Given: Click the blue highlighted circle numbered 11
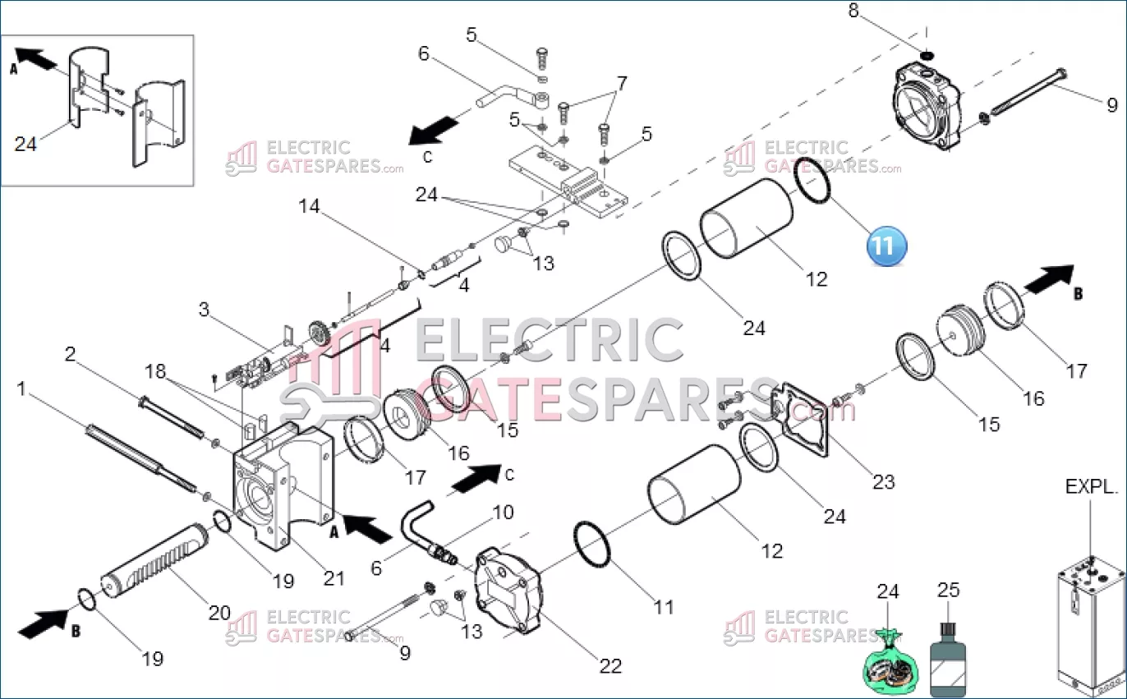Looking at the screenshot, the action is (x=886, y=246).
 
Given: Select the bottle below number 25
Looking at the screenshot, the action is (x=948, y=660).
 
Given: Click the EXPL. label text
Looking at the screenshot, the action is (x=1092, y=486).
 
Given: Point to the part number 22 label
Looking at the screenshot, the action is (x=611, y=666).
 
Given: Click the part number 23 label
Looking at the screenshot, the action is (x=884, y=482).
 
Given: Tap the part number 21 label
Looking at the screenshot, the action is (x=333, y=579).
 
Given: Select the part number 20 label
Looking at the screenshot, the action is (x=219, y=613).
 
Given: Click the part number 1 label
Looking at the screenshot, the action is (x=21, y=389).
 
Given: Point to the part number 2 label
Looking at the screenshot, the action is (x=71, y=354).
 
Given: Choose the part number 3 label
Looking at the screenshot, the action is (x=203, y=310).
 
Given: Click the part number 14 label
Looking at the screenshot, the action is (x=309, y=206).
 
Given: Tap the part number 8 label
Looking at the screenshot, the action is (x=853, y=10).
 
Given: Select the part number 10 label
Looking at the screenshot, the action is (x=503, y=513).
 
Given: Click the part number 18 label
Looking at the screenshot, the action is (x=155, y=371).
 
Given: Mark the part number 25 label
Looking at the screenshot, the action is (x=949, y=590).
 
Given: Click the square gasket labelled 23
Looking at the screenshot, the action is (x=800, y=420).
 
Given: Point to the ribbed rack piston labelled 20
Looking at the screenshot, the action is (x=154, y=560).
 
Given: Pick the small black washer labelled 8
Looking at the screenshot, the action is (x=927, y=54).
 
